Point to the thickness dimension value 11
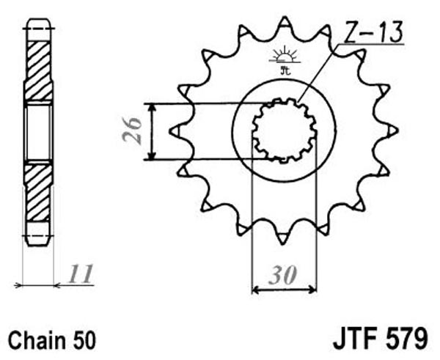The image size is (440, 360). point(81,273)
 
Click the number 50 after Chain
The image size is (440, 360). point(84,340)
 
